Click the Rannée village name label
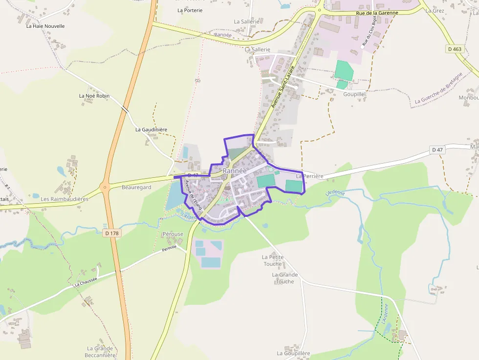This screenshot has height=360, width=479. point(234,171)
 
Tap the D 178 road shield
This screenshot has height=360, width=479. point(112,233)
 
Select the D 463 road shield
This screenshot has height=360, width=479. point(454,49)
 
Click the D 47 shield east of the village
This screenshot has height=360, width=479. point(437,149)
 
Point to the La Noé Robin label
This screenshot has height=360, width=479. point(94,96)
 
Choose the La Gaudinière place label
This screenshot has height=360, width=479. point(151,129)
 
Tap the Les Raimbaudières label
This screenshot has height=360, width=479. point(65,199)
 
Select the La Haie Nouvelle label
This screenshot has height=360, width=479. point(45,26)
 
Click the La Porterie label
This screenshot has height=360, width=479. point(190,10)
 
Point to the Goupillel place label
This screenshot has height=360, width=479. point(354,93)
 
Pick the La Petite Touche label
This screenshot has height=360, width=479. point(272,260)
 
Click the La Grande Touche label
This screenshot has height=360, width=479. point(285,278)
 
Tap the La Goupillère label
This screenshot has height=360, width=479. point(293,353)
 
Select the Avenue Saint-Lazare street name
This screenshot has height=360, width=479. point(283,86)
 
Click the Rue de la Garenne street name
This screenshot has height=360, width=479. point(377,13)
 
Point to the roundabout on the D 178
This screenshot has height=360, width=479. point(104,187)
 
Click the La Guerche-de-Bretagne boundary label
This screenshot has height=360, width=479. point(438,88)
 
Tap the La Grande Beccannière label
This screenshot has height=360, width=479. point(100,352)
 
